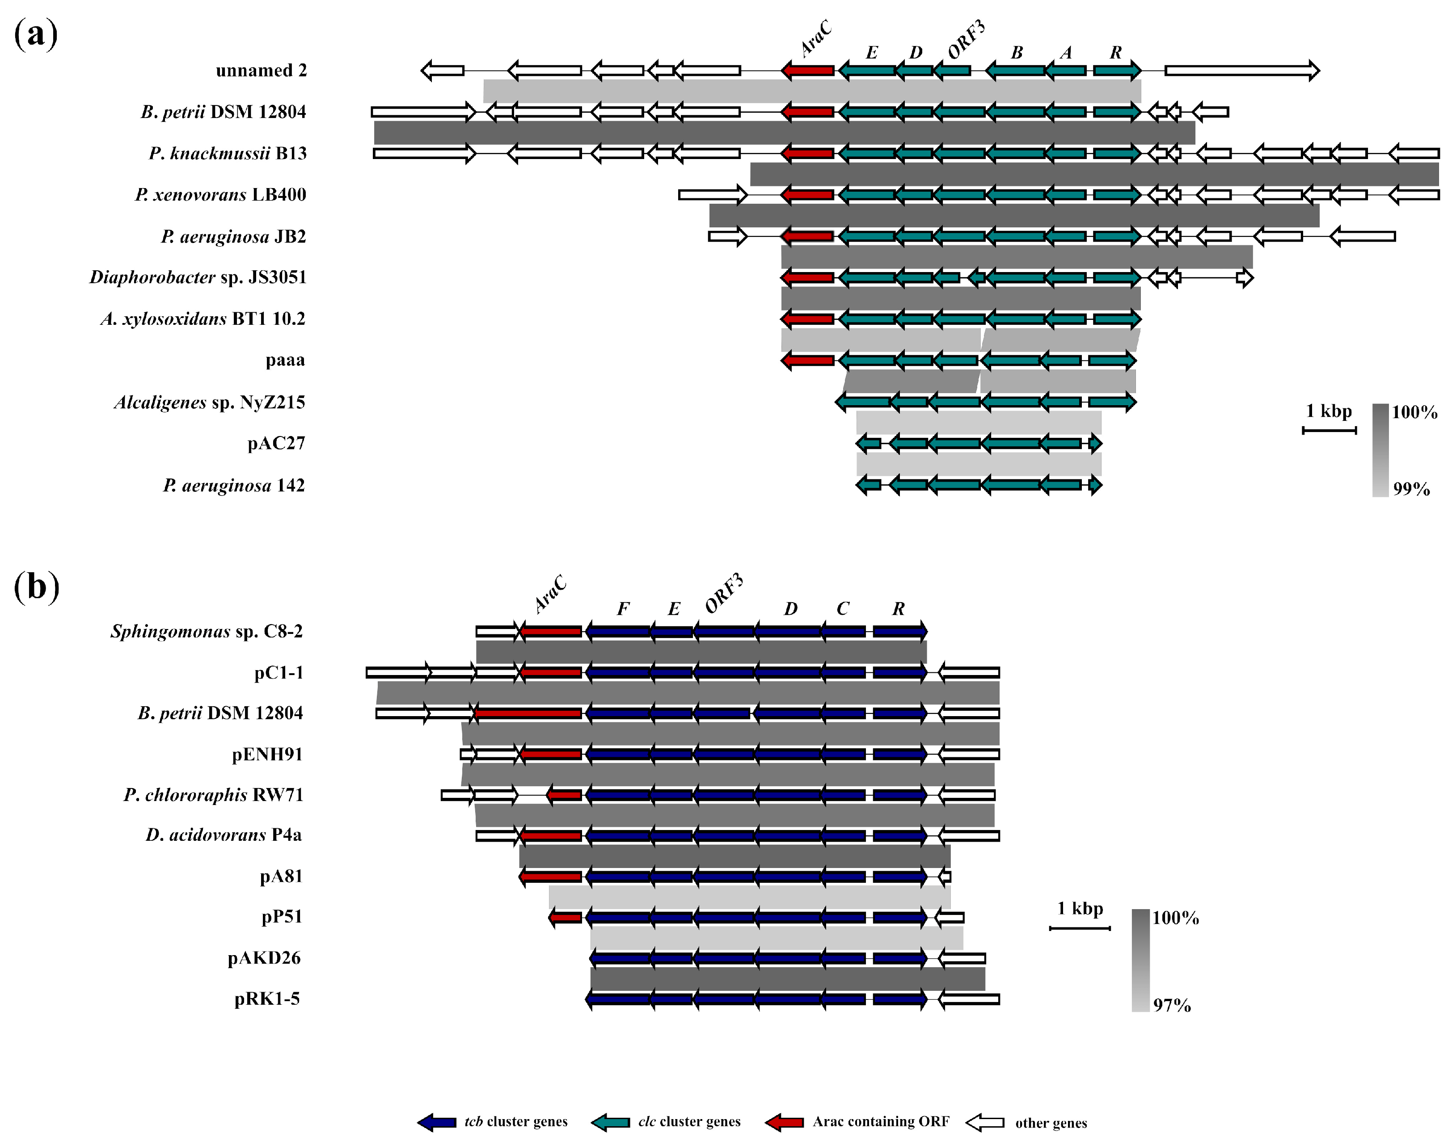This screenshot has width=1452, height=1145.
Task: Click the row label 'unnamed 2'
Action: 261,71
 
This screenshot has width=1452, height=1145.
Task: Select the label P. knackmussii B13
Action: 228,154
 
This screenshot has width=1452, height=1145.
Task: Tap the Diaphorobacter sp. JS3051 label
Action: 198,277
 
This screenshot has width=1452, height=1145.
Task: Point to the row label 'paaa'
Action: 285,361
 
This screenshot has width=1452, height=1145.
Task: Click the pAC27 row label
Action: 276,444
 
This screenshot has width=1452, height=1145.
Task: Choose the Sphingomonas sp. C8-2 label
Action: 207,632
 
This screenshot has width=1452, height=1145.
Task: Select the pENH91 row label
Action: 267,755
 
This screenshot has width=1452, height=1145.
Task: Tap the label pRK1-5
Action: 267,999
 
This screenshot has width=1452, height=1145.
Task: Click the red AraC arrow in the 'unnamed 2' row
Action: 808,70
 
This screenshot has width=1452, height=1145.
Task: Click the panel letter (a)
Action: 36,34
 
